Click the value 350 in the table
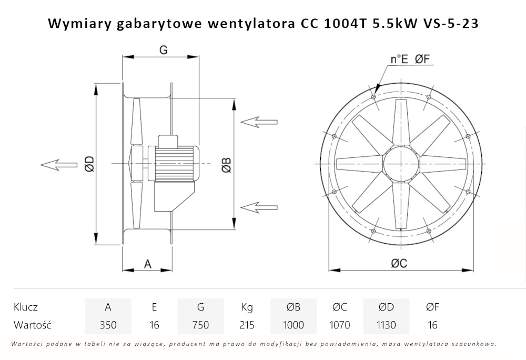pos(108,325)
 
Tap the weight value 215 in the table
pos(247,325)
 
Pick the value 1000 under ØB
pos(293,325)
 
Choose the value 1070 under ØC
pos(339,325)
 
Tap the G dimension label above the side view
pos(163,49)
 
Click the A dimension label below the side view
pos(148,264)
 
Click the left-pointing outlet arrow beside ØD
pos(57,165)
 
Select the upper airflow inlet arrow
pos(259,122)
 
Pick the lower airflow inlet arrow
pos(259,205)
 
